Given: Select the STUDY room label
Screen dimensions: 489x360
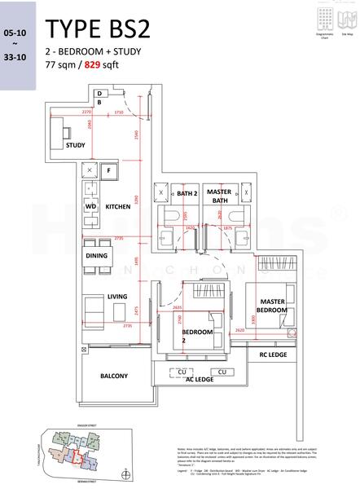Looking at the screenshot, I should pyautogui.click(x=75, y=145).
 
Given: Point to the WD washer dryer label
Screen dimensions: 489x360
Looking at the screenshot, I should pyautogui.click(x=90, y=207).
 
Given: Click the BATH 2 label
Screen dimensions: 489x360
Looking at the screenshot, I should pyautogui.click(x=187, y=193).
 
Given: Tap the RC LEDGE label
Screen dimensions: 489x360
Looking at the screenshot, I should pyautogui.click(x=272, y=355).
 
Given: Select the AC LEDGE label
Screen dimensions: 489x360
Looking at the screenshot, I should pyautogui.click(x=200, y=380).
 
